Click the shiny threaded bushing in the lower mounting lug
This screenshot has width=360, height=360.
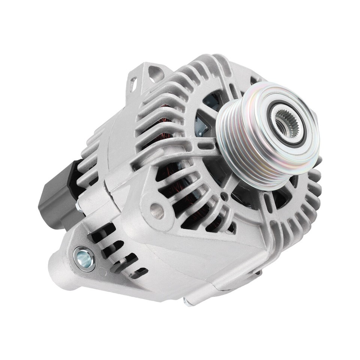point(85,258)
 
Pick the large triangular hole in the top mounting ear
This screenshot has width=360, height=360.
point(154,73)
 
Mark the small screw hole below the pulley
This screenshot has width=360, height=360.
point(224,195)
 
